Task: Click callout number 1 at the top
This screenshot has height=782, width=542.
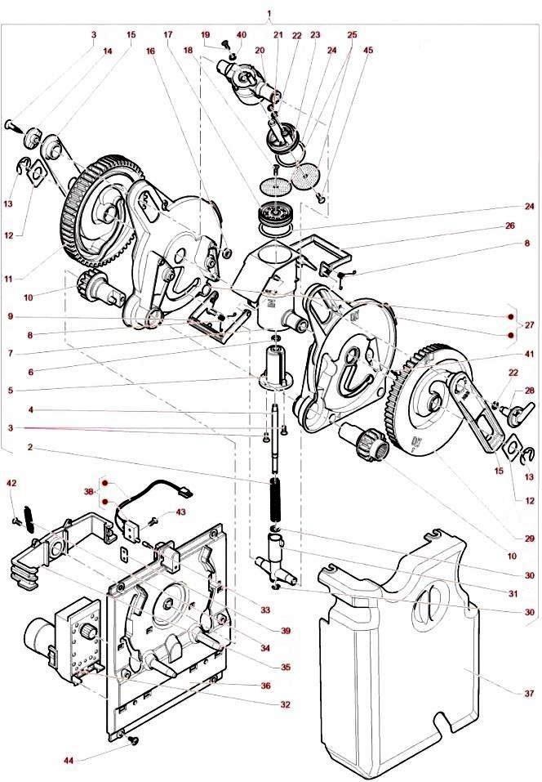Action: pyautogui.click(x=269, y=15)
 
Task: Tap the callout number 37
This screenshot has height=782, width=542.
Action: pyautogui.click(x=528, y=693)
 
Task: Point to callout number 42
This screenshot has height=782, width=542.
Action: pyautogui.click(x=11, y=484)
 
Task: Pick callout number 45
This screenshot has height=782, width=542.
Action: pyautogui.click(x=368, y=50)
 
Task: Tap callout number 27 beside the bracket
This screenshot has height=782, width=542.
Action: pyautogui.click(x=530, y=325)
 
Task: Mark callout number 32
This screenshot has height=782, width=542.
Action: pyautogui.click(x=282, y=704)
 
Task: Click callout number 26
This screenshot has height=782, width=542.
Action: pyautogui.click(x=528, y=226)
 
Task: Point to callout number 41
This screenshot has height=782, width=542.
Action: pyautogui.click(x=528, y=354)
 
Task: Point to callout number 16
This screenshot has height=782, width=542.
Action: pyautogui.click(x=150, y=50)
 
